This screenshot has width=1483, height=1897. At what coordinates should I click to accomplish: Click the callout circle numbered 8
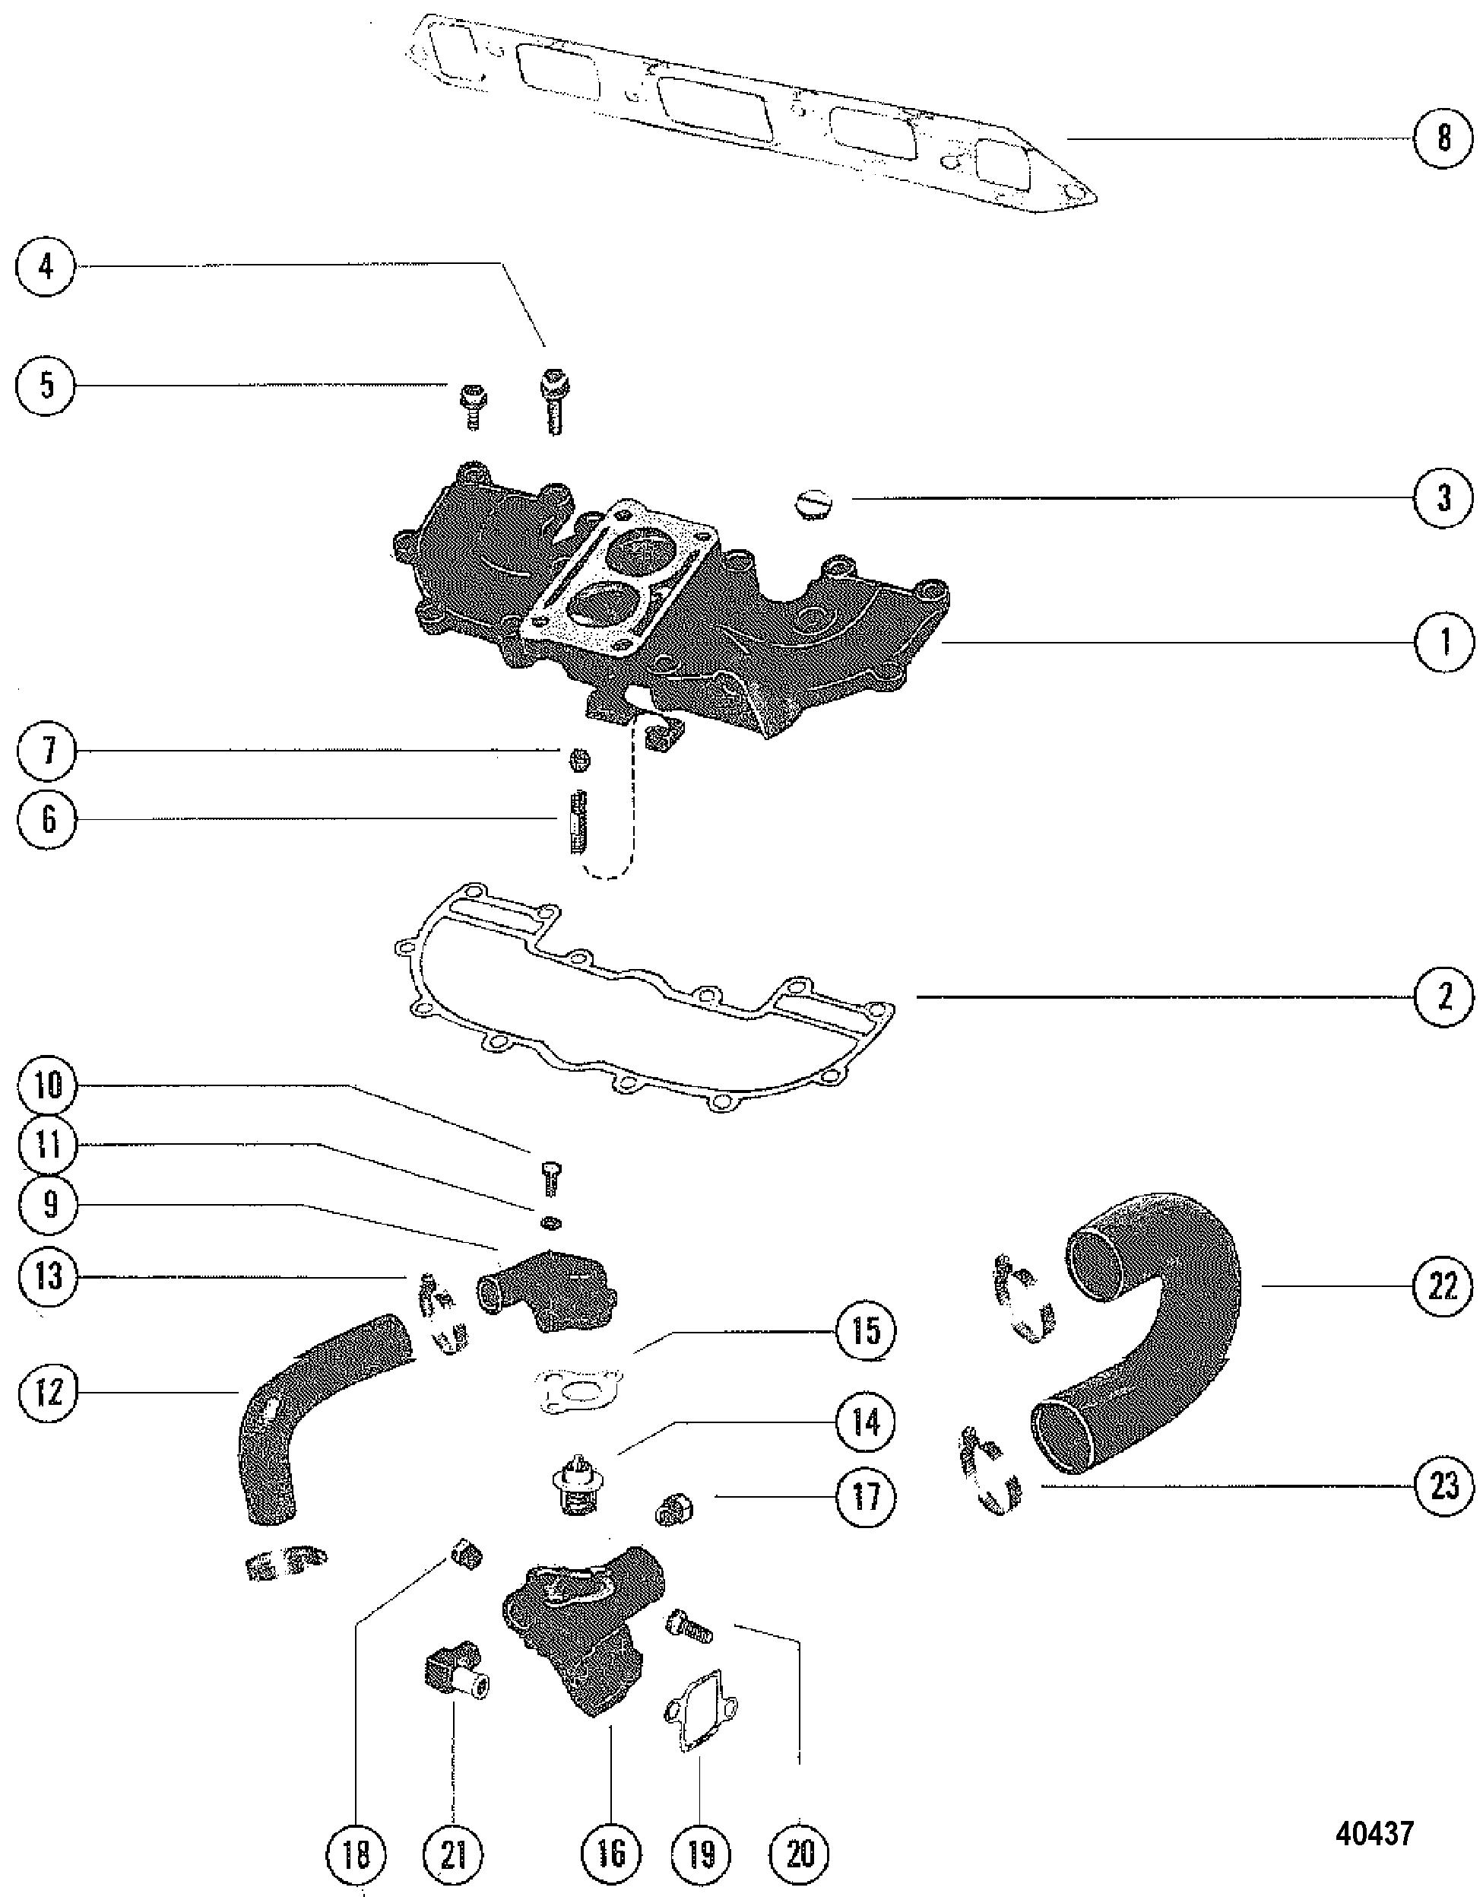1443,138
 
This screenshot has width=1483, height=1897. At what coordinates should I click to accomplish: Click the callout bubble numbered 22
1442,1285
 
